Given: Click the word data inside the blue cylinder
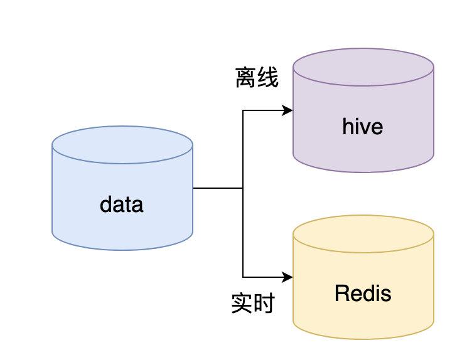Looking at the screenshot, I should coord(122,204).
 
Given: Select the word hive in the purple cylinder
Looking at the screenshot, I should coord(363,127).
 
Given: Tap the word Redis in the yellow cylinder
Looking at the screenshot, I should coord(363,293).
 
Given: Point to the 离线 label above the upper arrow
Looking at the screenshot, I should coord(257,78).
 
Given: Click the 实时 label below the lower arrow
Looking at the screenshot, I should coord(252,304).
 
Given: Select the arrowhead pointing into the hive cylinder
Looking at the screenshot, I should coord(289,111).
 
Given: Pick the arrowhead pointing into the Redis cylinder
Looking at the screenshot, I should coord(289,277).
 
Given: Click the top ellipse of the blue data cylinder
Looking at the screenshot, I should coord(122,145).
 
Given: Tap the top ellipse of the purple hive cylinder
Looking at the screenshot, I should coord(363,67).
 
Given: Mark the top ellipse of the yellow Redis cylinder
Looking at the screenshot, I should coord(363,233).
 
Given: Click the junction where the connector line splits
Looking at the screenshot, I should coord(243,188).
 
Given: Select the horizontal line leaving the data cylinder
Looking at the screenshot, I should coord(217,188).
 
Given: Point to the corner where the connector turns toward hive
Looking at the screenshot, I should coord(243,111).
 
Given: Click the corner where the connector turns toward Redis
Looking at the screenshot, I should coord(243,277).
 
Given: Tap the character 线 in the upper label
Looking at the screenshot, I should coord(268,78).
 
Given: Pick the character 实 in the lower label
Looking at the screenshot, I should coord(242,304).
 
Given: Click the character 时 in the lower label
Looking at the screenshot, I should coord(264,304).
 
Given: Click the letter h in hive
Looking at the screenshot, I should coord(348,127).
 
